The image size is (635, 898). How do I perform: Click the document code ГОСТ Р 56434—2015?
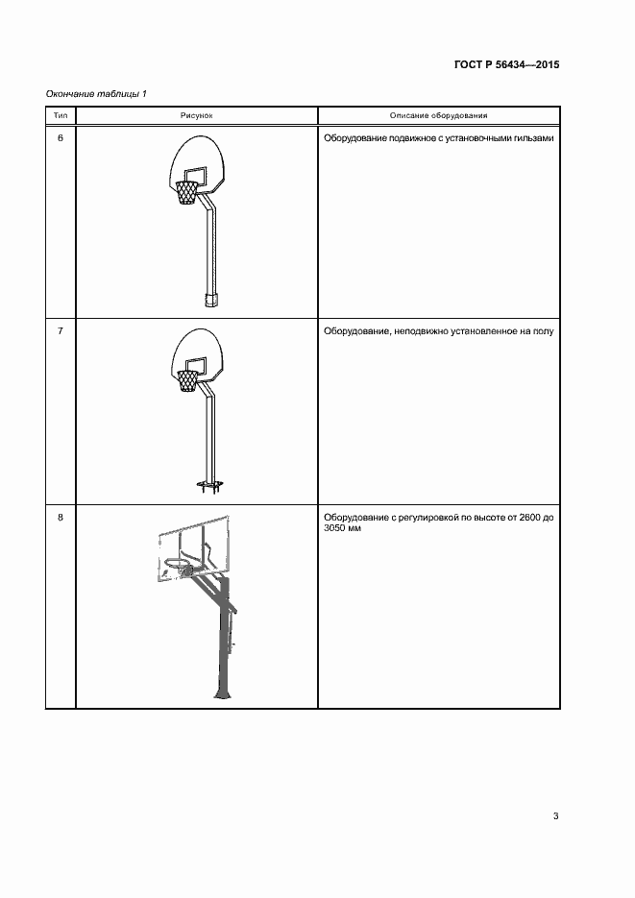coord(506,64)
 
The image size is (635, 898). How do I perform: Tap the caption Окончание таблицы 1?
coord(96,94)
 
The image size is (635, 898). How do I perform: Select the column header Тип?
coord(61,115)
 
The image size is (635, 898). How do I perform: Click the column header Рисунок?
coord(196,115)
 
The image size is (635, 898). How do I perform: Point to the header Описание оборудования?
coord(439,115)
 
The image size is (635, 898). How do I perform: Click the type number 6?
coord(61,138)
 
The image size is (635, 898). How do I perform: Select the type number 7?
coord(61,331)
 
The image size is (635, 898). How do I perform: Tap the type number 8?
coord(61,518)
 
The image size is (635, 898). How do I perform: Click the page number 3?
coord(555,815)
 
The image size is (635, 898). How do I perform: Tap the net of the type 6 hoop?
coord(187,194)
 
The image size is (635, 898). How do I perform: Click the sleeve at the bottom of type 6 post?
coord(212,300)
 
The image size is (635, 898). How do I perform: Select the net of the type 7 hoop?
coord(186,381)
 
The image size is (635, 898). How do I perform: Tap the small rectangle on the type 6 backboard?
coord(195,175)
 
